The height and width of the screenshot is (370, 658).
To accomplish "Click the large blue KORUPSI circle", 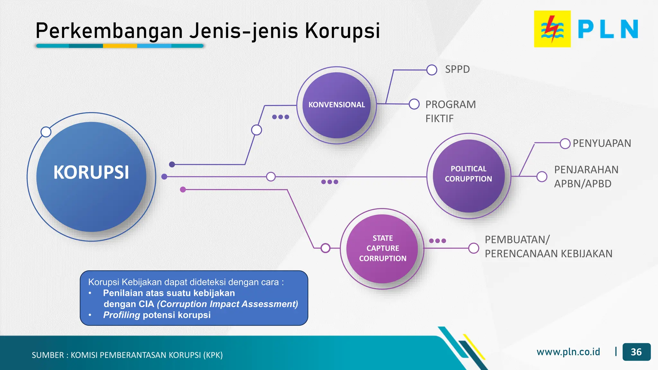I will pos(91,177).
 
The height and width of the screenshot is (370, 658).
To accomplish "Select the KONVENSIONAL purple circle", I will pos(336,105).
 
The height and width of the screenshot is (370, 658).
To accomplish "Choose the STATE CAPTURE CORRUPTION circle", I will pos(382,248).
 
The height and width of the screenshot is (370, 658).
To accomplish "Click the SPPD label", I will pos(457,69).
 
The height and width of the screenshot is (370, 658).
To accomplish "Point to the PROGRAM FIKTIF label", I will pos(450,111).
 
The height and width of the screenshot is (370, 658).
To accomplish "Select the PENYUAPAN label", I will pos(602,143).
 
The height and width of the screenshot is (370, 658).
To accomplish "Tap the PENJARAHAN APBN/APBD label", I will pos(586,177).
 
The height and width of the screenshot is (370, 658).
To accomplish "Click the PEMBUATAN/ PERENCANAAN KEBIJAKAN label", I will pos(548,247).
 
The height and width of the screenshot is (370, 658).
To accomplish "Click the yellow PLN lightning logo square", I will pos(552,29).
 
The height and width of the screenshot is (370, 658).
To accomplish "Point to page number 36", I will pos(636,352).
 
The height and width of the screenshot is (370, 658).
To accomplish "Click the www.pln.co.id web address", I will pos(568,352).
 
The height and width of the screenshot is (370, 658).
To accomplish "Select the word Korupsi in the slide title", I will pos(342,31).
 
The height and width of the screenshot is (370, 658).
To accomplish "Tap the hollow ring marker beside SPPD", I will pos(431,70).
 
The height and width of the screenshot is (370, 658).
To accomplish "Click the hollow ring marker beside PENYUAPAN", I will pos(565,144).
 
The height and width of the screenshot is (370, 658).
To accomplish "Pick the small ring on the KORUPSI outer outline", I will pos(46,132).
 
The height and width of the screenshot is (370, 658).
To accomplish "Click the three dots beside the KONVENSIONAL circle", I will pos(280,117).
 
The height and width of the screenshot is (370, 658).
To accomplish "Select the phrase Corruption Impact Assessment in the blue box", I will pos(227,304).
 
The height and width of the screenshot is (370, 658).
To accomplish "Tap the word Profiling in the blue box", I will pos(121,315).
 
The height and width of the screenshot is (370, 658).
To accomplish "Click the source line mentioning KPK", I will pos(127,355).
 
